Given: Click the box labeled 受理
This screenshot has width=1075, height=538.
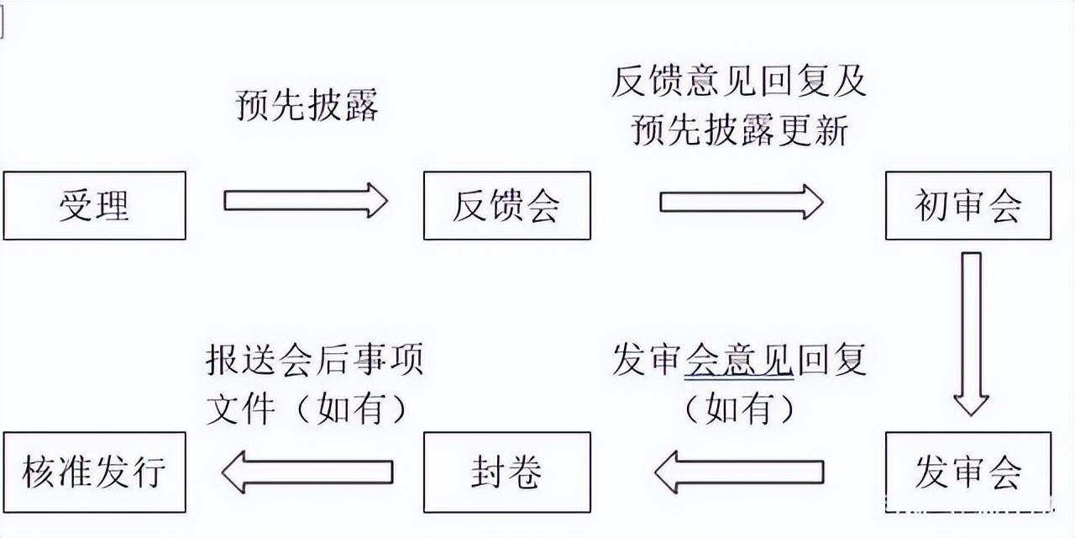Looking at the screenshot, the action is pyautogui.click(x=95, y=205).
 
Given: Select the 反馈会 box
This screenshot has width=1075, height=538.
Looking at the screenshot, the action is pyautogui.click(x=506, y=205).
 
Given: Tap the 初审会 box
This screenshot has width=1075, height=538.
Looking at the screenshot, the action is pyautogui.click(x=968, y=205).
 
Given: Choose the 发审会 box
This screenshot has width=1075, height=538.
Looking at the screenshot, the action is pyautogui.click(x=968, y=472).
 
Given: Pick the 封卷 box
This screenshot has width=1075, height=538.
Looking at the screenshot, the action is pyautogui.click(x=506, y=472).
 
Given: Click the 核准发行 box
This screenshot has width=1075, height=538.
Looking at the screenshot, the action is pyautogui.click(x=95, y=472).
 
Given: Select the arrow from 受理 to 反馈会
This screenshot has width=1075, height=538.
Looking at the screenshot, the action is pyautogui.click(x=306, y=200).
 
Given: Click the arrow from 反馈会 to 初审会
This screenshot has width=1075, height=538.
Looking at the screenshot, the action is pyautogui.click(x=742, y=203).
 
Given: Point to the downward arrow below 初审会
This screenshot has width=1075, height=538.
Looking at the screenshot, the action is pyautogui.click(x=972, y=334).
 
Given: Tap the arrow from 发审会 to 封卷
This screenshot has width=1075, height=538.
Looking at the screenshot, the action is pyautogui.click(x=739, y=472).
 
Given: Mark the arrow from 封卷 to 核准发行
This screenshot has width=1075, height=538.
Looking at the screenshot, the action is pyautogui.click(x=307, y=472).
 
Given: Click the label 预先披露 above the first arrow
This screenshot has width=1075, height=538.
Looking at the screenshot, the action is pyautogui.click(x=307, y=104).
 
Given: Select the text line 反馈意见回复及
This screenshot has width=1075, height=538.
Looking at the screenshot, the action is pyautogui.click(x=739, y=81).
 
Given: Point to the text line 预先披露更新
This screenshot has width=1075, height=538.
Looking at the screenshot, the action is pyautogui.click(x=740, y=129).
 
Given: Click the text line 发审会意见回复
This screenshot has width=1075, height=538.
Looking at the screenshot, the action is pyautogui.click(x=739, y=359).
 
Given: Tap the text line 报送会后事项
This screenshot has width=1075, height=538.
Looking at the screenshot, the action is pyautogui.click(x=314, y=358).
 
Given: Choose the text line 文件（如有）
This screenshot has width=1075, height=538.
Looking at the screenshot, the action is pyautogui.click(x=307, y=409).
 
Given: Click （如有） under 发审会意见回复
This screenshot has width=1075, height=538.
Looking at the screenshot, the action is pyautogui.click(x=740, y=409).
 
